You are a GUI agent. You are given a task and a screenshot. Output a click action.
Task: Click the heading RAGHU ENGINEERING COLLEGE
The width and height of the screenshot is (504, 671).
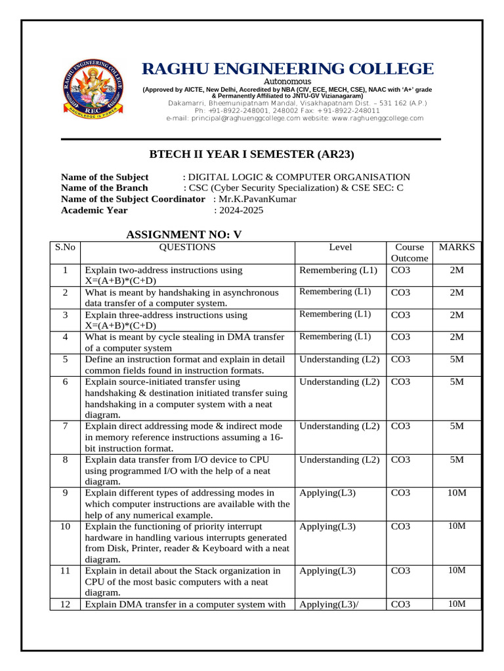click(288, 69)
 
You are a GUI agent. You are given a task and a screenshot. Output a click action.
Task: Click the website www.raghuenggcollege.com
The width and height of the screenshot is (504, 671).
click(377, 118)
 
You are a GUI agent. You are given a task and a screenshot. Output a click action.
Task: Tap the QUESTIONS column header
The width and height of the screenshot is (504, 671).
click(187, 247)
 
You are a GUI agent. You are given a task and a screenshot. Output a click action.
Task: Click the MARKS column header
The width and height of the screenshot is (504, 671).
click(457, 247)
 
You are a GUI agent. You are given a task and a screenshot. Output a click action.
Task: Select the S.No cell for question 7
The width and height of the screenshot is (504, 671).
click(65, 426)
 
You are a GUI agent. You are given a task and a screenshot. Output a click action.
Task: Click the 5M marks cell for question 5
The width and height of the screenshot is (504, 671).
click(457, 359)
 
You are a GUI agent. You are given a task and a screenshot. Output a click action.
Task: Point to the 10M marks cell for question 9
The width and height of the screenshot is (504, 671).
click(457, 493)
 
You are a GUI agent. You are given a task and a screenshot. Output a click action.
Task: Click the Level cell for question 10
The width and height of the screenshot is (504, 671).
click(327, 526)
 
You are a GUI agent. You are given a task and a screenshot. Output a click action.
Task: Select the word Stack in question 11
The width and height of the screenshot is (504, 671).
click(207, 571)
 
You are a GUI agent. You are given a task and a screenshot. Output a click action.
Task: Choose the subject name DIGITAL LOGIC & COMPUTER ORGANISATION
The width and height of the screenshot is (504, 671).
click(299, 177)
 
